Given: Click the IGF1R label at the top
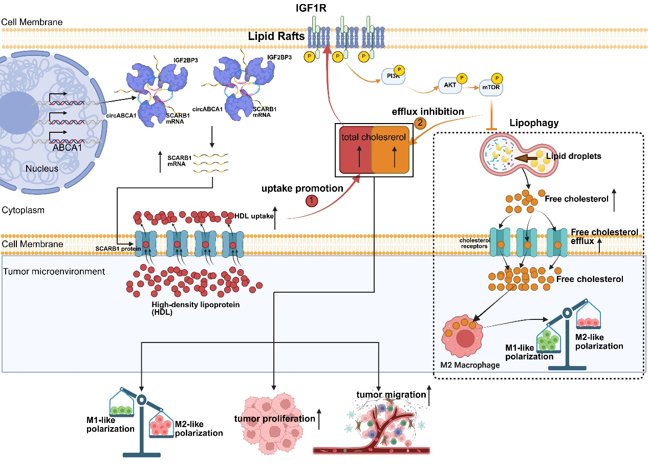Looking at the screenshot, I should pos(323,7).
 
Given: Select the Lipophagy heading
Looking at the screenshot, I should pos(534,124).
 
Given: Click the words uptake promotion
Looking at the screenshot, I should pos(303,188).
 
